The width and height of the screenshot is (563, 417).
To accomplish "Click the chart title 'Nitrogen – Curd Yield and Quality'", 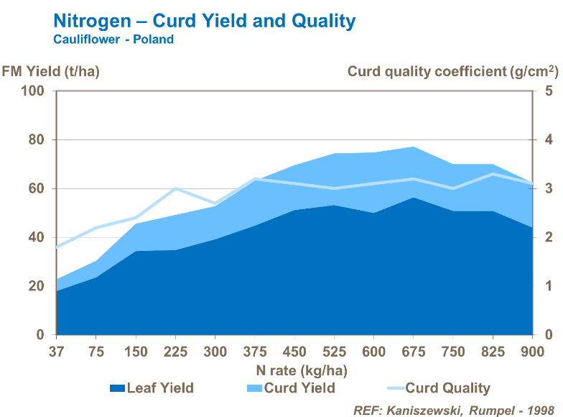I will [x=205, y=21].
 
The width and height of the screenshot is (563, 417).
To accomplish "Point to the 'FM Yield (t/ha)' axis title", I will [x=50, y=71].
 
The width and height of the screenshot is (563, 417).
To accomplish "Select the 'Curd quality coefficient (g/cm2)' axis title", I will [x=452, y=71].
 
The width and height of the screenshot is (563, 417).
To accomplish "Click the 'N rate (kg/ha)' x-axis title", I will [x=302, y=370].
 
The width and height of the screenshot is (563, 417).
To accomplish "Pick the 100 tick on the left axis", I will [x=35, y=91].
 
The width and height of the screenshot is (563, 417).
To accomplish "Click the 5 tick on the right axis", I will [x=548, y=91].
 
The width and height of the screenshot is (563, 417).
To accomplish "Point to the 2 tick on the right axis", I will [x=548, y=237].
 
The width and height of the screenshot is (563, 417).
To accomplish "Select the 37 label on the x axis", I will [x=56, y=352].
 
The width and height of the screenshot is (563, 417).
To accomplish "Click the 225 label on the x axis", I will [x=175, y=352].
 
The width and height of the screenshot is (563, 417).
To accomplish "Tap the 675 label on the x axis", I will [x=413, y=352].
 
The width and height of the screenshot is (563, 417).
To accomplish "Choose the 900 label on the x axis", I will [x=531, y=352].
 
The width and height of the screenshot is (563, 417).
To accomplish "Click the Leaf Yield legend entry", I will [x=152, y=388].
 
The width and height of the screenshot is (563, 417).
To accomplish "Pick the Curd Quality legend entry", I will [x=438, y=388].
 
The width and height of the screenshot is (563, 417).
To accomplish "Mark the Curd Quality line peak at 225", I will [x=175, y=188].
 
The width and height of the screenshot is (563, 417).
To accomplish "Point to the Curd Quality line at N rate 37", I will [x=57, y=247].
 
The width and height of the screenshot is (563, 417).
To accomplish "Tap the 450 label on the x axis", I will [x=294, y=352].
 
